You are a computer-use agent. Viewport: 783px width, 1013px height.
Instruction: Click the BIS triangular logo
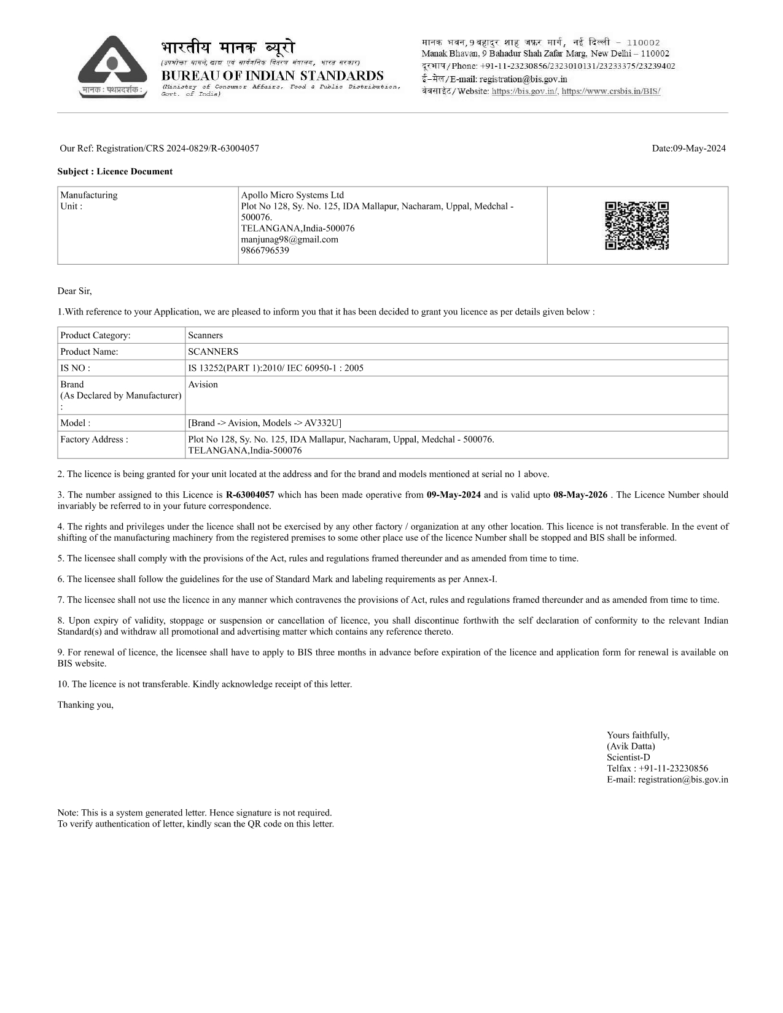point(112,66)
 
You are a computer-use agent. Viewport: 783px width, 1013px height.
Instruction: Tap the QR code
point(637,225)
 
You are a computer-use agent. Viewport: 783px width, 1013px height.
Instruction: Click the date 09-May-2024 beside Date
point(699,148)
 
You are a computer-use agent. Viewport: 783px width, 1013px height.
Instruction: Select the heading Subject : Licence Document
point(115,171)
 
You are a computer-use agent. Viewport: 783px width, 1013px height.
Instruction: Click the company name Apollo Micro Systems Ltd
point(292,195)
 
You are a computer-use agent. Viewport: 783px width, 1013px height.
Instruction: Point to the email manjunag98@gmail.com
point(289,239)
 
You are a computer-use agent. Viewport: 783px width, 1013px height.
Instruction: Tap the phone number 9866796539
point(265,250)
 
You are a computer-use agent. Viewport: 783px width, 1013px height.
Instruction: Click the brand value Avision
point(203,384)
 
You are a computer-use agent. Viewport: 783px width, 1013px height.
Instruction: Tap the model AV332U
point(322,423)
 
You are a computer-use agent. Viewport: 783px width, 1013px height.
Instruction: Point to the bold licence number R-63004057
point(250,495)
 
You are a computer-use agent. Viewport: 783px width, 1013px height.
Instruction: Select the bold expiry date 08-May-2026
point(580,495)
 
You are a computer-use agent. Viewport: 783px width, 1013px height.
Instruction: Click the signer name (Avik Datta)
point(631,747)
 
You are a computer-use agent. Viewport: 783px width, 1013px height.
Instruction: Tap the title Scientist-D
point(628,758)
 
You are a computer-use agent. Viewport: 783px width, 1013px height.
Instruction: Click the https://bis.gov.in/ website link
point(525,91)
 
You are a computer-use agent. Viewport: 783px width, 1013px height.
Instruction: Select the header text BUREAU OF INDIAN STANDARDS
point(272,76)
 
